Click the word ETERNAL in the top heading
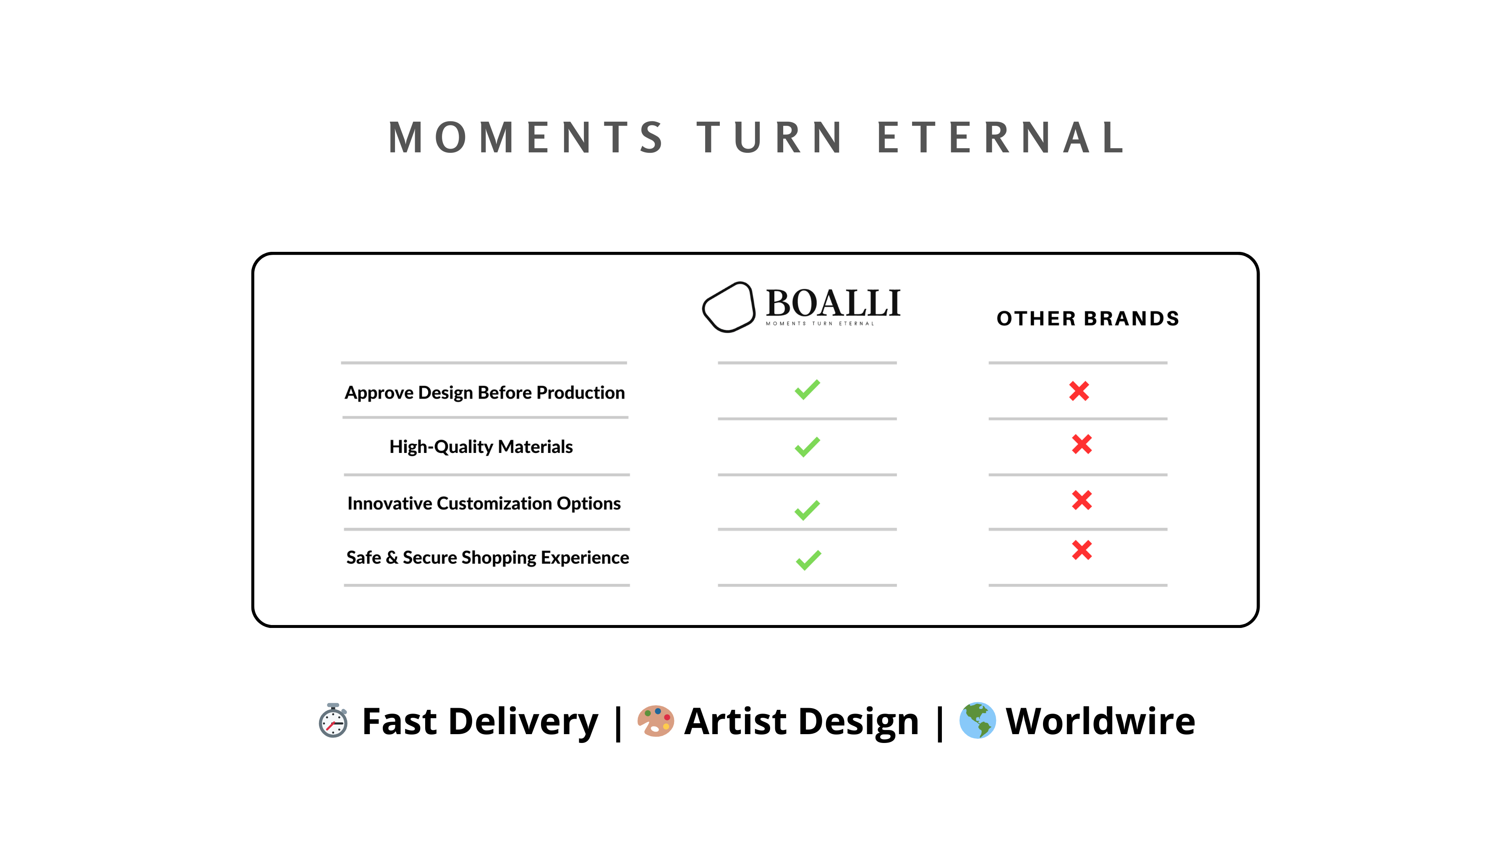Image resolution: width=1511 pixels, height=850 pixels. click(1001, 138)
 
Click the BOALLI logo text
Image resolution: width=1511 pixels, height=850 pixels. click(833, 303)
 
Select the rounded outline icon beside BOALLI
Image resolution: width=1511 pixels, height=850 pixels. click(729, 307)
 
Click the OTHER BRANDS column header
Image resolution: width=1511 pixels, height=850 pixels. click(1088, 319)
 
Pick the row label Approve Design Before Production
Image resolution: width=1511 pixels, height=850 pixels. click(484, 393)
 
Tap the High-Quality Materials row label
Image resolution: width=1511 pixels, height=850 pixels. click(481, 447)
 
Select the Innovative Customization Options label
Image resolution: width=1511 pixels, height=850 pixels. click(484, 503)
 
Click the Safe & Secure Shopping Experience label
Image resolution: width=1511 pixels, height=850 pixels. click(487, 558)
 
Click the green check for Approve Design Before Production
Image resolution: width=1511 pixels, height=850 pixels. click(807, 390)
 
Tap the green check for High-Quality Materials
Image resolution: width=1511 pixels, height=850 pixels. click(807, 447)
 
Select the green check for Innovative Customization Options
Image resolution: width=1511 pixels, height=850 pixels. click(807, 510)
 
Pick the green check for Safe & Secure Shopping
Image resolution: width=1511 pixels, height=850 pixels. click(808, 560)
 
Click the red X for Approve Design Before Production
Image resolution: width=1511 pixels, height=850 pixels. click(1079, 391)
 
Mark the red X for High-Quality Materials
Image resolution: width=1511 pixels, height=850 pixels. click(1082, 444)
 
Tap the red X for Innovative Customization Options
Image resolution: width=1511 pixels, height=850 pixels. click(1082, 500)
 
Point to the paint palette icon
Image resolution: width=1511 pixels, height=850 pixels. click(655, 721)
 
